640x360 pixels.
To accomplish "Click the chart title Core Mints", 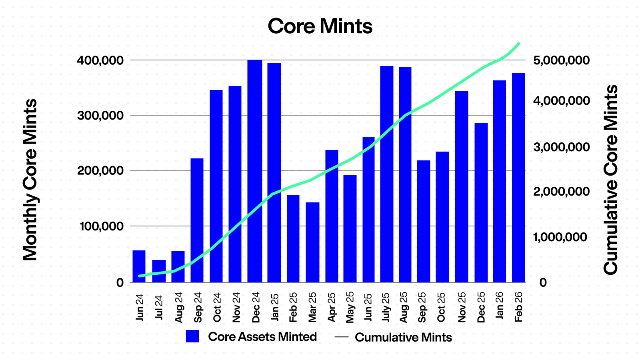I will click(x=320, y=26).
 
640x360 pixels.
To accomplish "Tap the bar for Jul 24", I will click(x=159, y=271).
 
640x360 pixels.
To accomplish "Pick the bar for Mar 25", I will click(x=313, y=242).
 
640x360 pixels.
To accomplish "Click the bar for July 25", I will click(x=387, y=174).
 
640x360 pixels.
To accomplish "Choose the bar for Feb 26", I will click(x=518, y=178).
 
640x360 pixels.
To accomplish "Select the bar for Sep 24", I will click(x=197, y=220).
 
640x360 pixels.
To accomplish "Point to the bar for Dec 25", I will click(x=481, y=203).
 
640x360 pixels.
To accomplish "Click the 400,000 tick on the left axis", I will click(x=100, y=60).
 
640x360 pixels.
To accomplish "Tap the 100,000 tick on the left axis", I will click(x=100, y=226).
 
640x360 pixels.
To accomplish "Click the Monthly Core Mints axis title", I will click(x=30, y=180).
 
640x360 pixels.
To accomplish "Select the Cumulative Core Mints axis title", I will click(x=611, y=180).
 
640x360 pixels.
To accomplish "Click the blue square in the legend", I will click(x=192, y=336).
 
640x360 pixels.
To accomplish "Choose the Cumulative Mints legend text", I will click(x=403, y=337).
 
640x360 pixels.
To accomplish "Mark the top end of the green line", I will click(x=519, y=44).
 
